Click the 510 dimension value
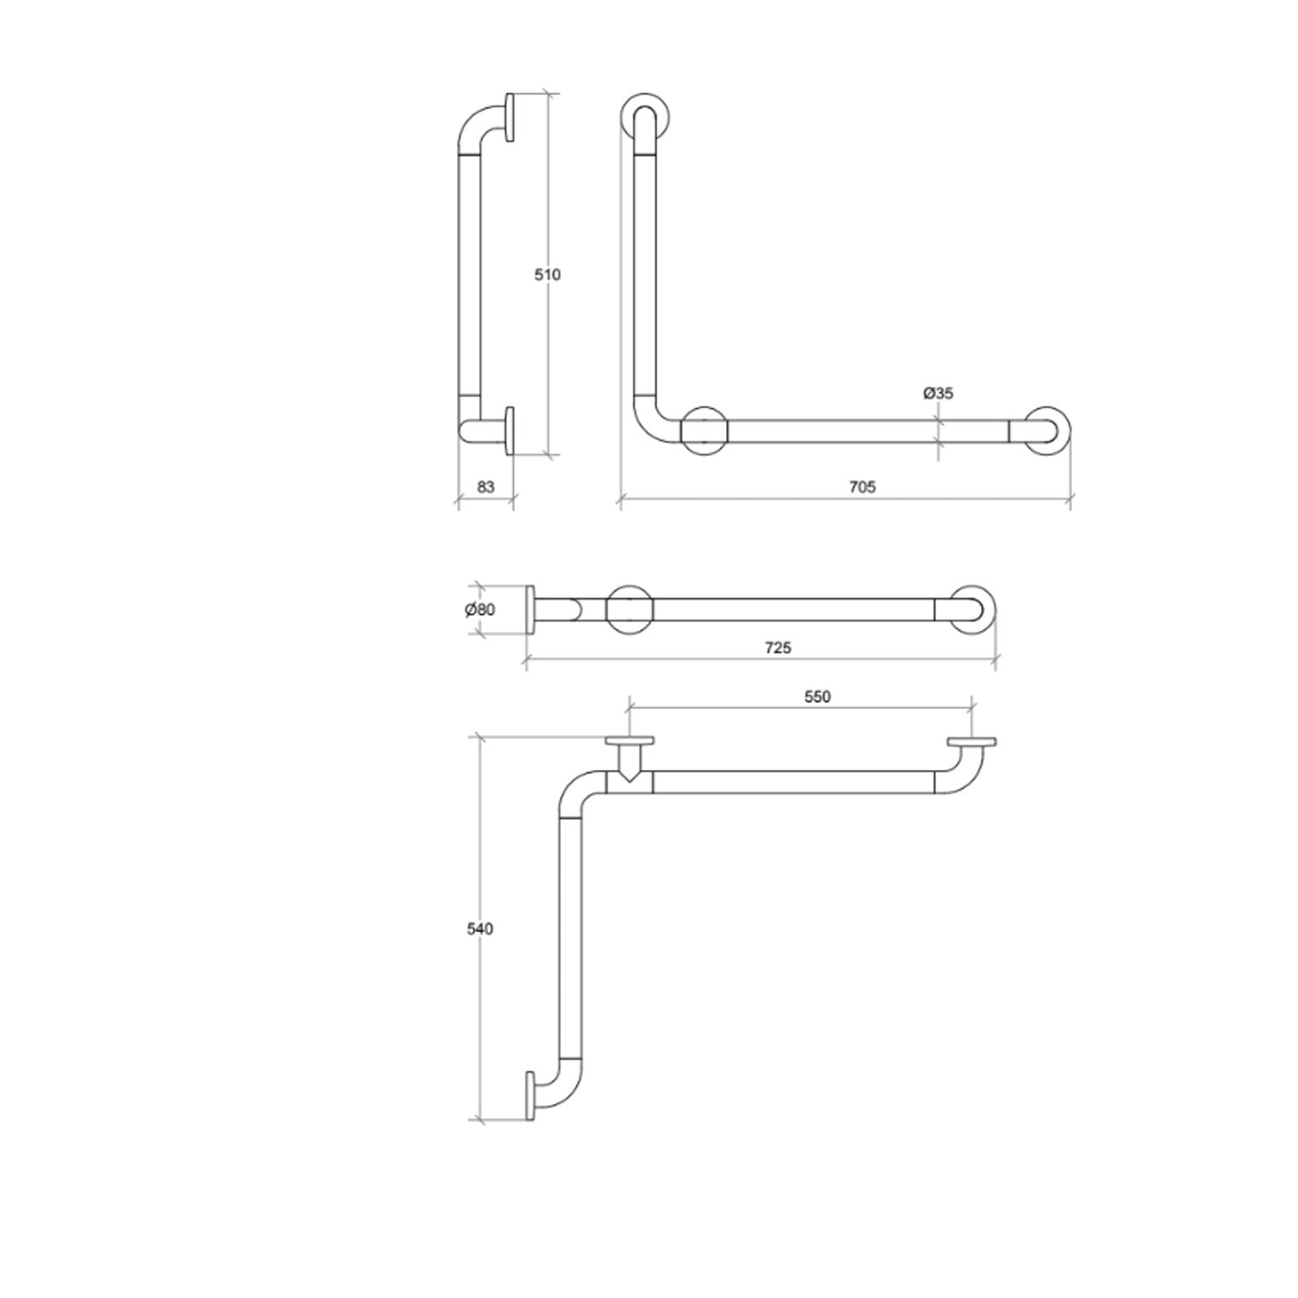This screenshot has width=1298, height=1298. tap(547, 275)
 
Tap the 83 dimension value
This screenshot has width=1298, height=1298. tap(485, 487)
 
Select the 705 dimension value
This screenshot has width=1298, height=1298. tap(862, 487)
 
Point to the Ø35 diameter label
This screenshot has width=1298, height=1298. tap(938, 394)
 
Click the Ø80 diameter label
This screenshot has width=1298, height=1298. tap(479, 609)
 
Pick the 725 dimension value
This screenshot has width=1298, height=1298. tap(777, 647)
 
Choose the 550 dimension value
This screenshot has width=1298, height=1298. tap(816, 697)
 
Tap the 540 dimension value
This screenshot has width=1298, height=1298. tap(479, 929)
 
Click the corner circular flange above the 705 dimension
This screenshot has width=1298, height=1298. tap(705, 431)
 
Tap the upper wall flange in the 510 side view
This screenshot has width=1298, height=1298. tap(509, 116)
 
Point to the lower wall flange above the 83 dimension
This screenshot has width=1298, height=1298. tap(509, 430)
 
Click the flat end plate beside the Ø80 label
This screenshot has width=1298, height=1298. tap(530, 609)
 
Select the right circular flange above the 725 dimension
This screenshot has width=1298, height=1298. tap(972, 609)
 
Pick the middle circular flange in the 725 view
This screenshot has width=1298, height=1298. tap(629, 609)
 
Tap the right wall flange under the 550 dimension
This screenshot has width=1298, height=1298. tap(971, 742)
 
